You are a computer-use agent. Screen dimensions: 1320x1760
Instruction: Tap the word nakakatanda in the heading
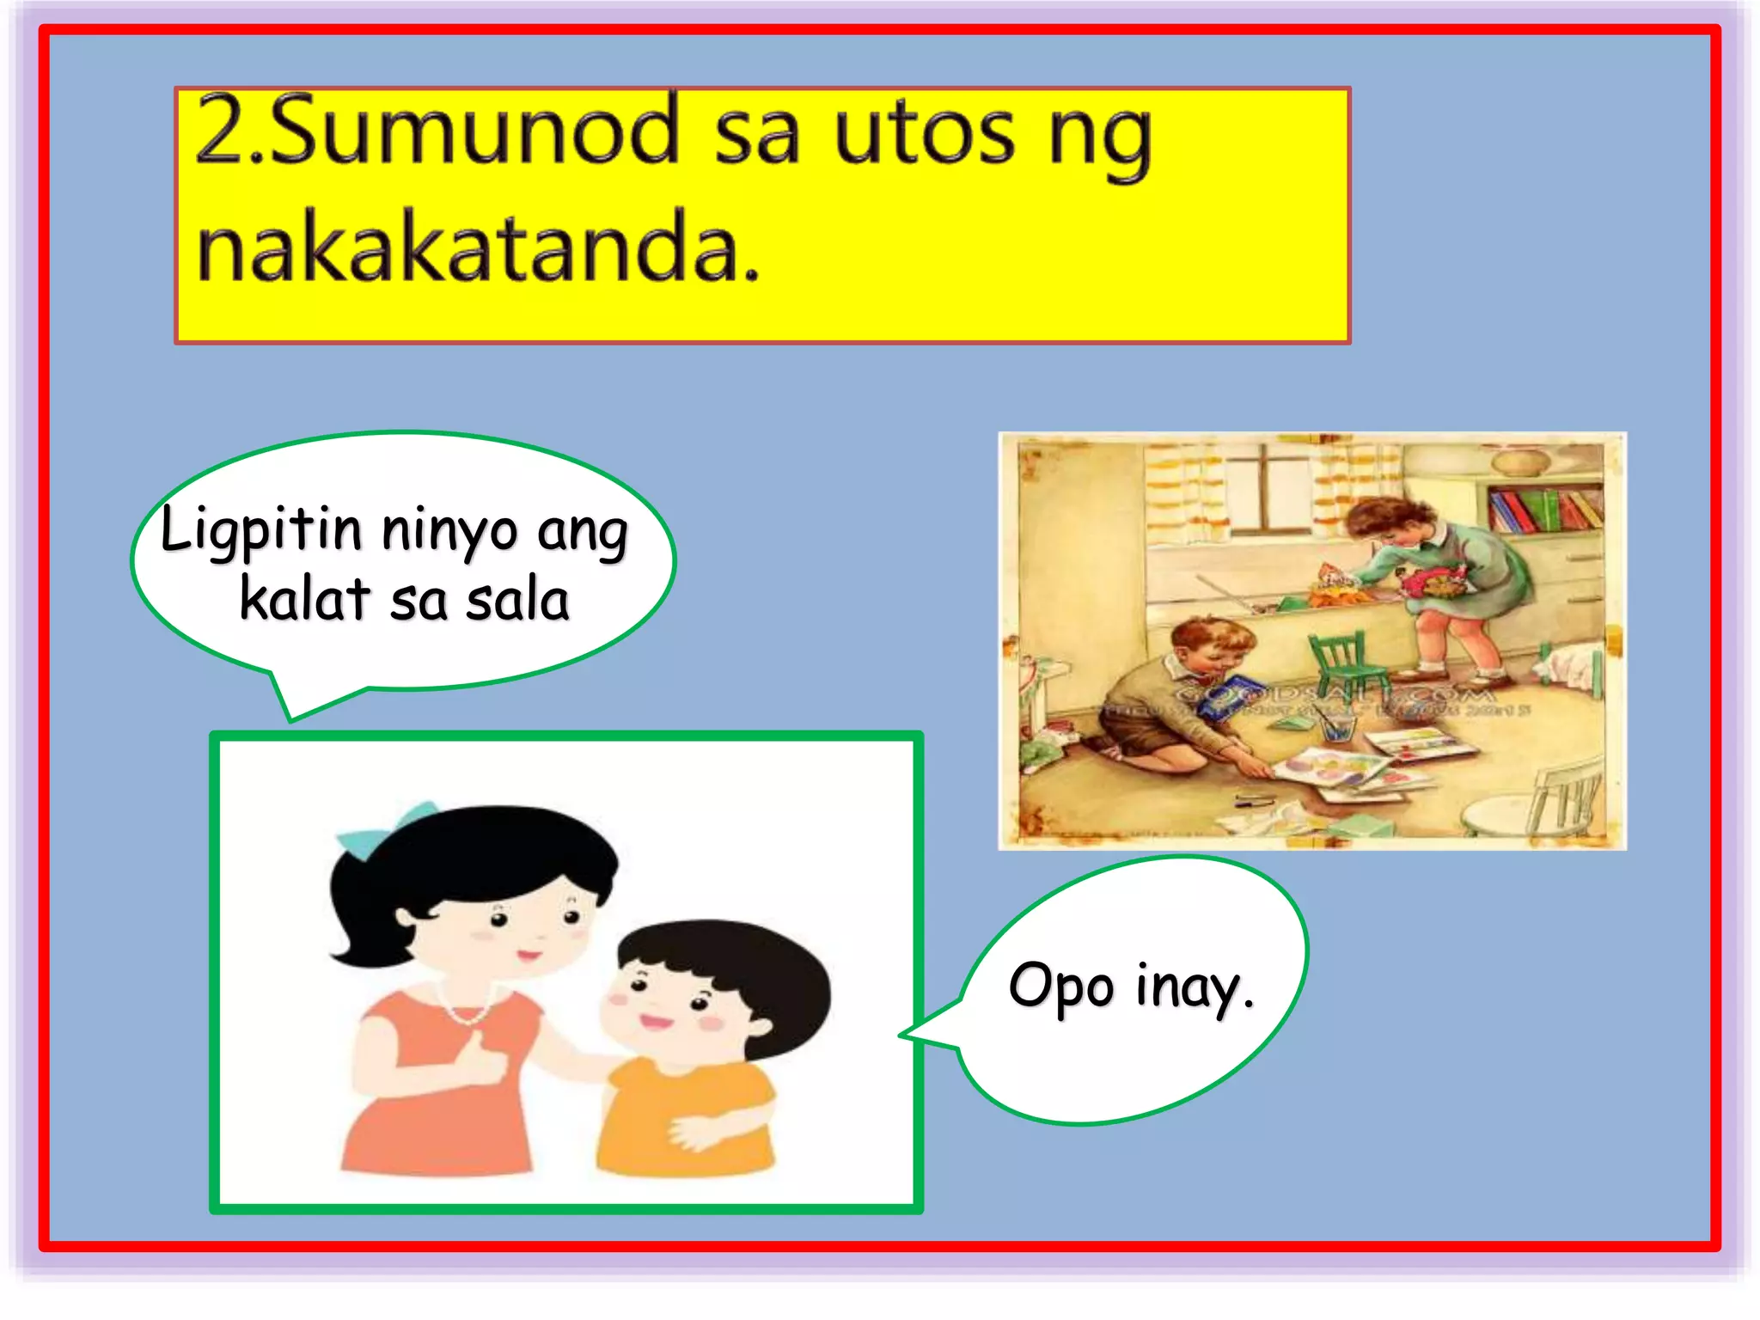click(478, 248)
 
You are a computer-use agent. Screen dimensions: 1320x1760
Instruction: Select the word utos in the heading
click(925, 133)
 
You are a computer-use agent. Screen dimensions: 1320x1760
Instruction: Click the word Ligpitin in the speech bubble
click(261, 529)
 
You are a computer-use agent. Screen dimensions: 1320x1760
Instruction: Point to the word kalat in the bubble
click(304, 599)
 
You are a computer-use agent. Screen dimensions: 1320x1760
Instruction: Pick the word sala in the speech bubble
click(517, 601)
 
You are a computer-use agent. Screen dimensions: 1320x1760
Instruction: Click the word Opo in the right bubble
click(1061, 987)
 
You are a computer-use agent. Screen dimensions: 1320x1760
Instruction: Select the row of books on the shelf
click(1543, 510)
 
